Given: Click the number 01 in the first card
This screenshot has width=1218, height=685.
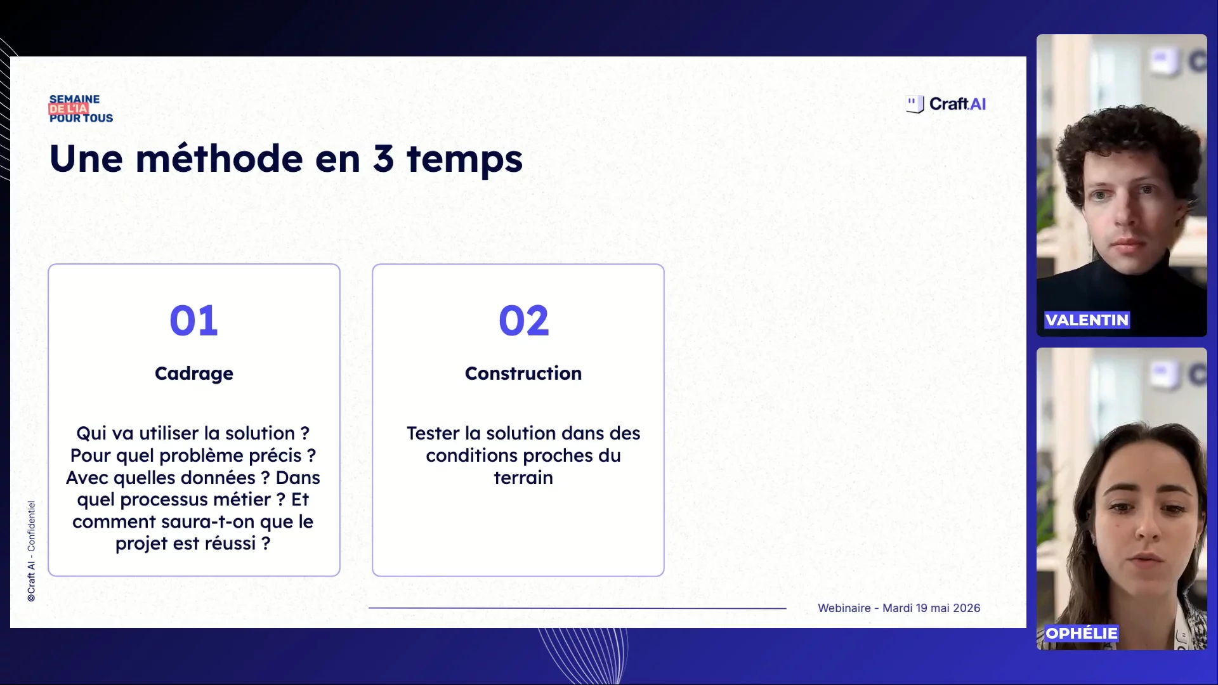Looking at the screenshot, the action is (193, 320).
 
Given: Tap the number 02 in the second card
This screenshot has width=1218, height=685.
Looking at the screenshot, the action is (523, 320).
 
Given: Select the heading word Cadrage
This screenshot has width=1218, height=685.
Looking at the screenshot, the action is (194, 374).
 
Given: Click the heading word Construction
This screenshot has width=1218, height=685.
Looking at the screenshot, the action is (523, 373).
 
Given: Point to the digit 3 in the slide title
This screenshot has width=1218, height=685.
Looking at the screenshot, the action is (383, 159).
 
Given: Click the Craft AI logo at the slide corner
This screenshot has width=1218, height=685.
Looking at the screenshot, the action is (946, 104).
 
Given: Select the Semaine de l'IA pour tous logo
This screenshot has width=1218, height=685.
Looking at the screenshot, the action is (81, 108).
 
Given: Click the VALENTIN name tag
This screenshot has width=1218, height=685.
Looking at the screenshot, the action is (1087, 320).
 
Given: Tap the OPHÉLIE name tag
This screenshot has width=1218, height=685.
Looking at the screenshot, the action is (1082, 633).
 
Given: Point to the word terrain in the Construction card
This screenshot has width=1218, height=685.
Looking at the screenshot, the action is (523, 478).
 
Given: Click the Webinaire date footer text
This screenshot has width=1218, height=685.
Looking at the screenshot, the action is (899, 608).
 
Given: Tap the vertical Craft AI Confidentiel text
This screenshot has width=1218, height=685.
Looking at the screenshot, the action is (31, 551).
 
